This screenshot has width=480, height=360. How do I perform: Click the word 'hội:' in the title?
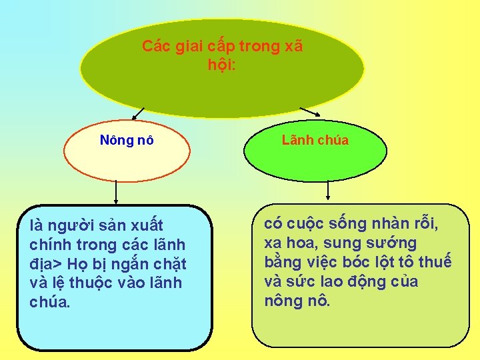click(221, 65)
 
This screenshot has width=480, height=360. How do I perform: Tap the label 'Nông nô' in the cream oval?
click(127, 140)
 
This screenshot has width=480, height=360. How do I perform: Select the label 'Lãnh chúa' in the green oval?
click(315, 140)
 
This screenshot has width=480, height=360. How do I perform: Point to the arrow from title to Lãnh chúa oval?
click(309, 111)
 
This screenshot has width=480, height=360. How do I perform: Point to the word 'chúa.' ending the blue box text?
click(49, 302)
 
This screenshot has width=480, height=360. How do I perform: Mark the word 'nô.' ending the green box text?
click(317, 301)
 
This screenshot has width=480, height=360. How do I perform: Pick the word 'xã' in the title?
click(293, 47)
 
